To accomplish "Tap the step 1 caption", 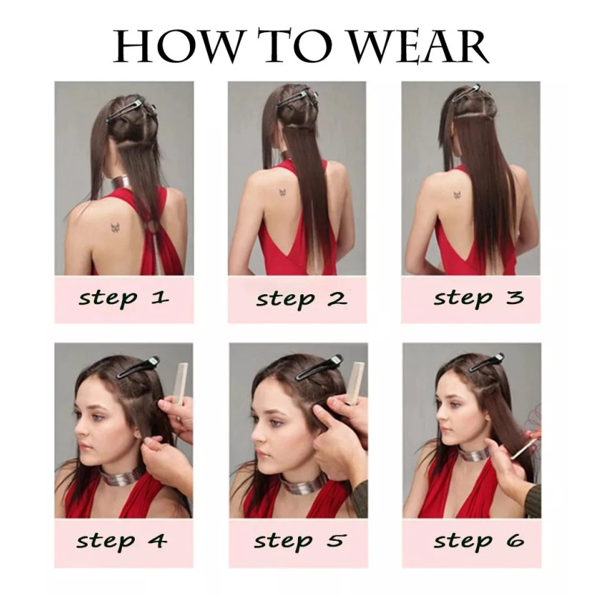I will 124,299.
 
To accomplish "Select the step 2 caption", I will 301,299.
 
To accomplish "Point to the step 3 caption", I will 478,298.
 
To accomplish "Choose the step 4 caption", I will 124,540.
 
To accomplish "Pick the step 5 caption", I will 301,540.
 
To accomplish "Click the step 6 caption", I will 478,540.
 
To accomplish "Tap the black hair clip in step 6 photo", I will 487,362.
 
